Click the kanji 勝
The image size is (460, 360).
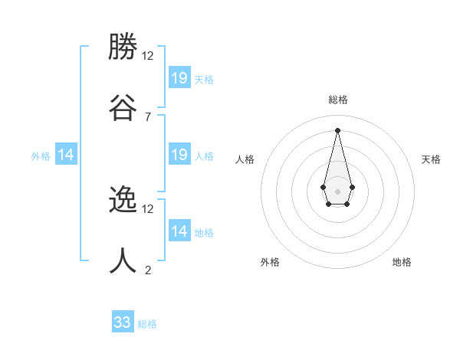click(x=123, y=47)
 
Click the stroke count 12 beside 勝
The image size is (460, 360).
click(x=148, y=56)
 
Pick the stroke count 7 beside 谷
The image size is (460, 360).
click(x=148, y=116)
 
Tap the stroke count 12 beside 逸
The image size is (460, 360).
click(x=148, y=208)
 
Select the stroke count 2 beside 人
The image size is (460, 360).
click(x=148, y=270)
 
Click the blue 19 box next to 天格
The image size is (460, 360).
click(x=179, y=77)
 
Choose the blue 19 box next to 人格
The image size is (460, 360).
click(x=179, y=155)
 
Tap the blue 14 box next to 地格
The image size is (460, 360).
click(x=179, y=231)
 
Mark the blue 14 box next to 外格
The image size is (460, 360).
click(x=66, y=155)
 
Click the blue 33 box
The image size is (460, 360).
click(x=123, y=322)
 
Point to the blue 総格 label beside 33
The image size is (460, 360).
click(x=147, y=324)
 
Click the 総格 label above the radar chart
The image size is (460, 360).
click(x=337, y=100)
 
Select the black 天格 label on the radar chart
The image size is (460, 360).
click(x=431, y=159)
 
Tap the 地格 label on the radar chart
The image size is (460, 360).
click(x=402, y=262)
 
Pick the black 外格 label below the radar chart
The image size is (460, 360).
click(x=270, y=262)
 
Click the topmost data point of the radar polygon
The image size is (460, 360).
click(x=337, y=129)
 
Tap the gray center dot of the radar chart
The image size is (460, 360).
click(x=337, y=191)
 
